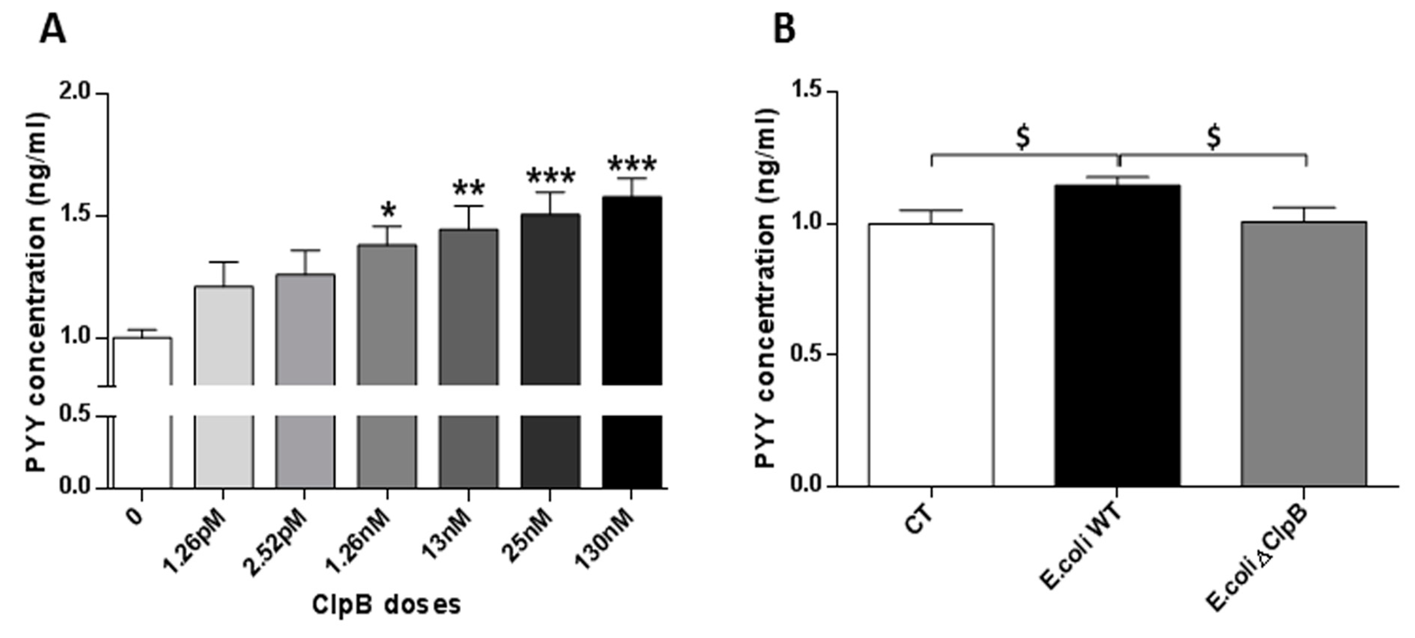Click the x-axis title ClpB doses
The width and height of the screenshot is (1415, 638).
pyautogui.click(x=386, y=604)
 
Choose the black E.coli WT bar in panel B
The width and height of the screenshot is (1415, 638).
pyautogui.click(x=1117, y=335)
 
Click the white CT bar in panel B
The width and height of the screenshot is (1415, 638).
pyautogui.click(x=931, y=354)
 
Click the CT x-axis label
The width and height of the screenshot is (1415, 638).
pyautogui.click(x=919, y=519)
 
